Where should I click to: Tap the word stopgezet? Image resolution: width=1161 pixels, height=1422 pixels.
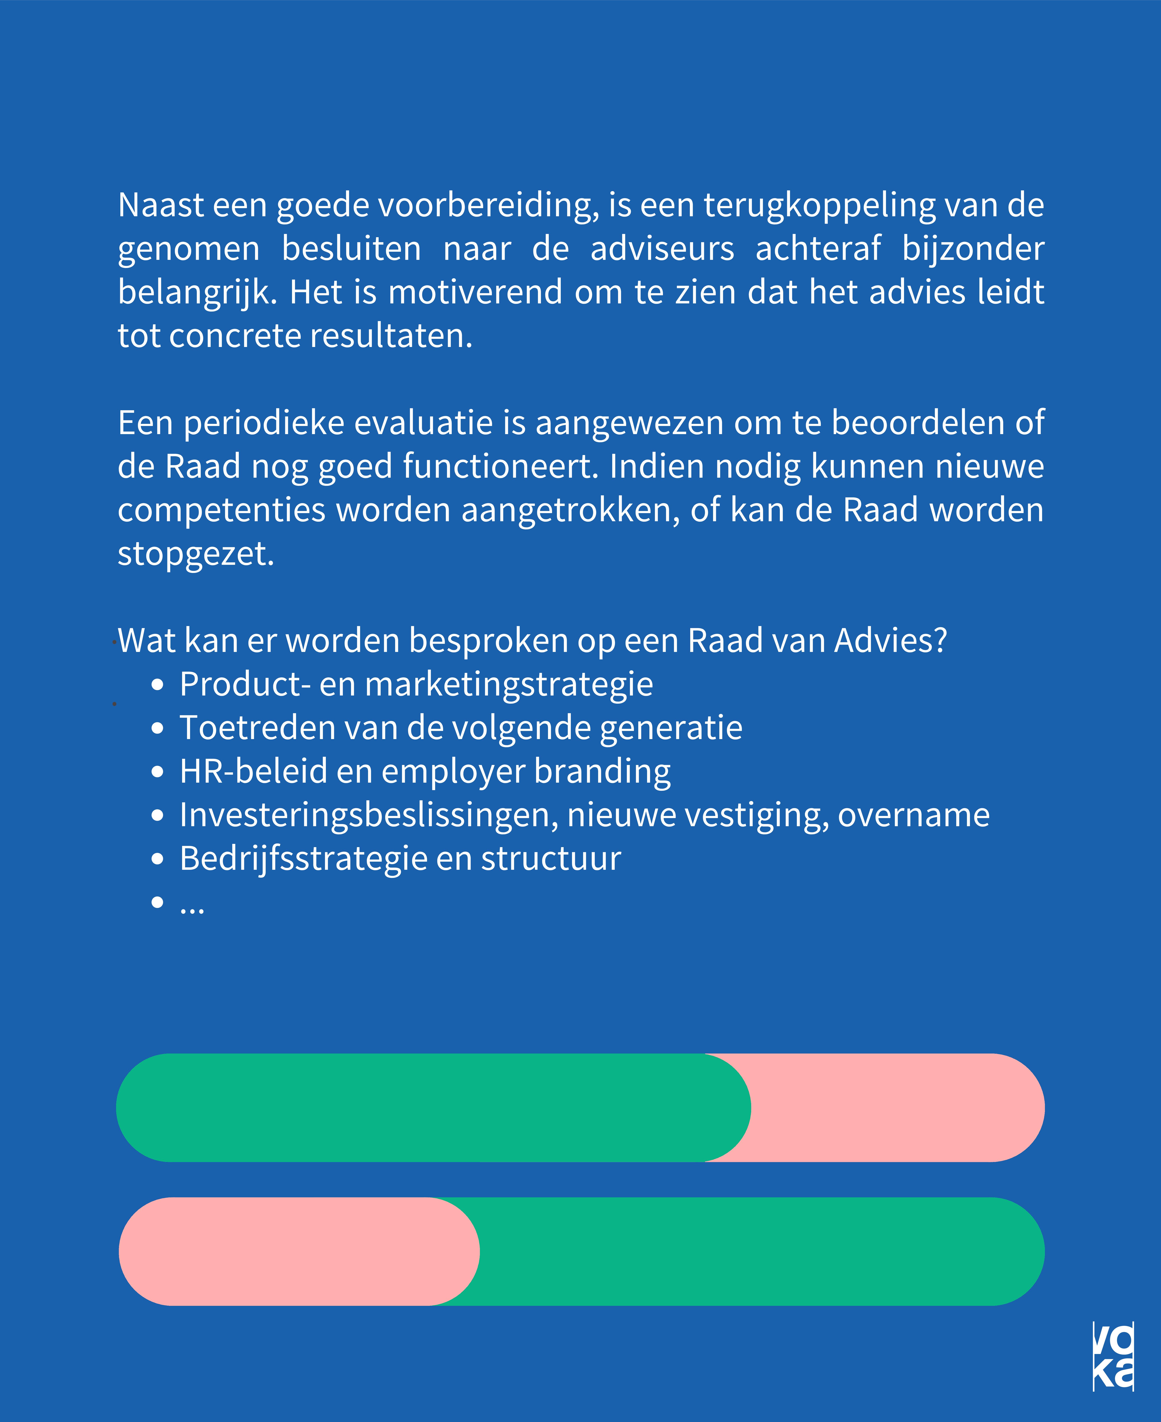tap(195, 554)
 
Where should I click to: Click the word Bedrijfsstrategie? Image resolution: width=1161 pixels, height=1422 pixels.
tap(302, 859)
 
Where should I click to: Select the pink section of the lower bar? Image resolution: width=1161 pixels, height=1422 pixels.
tap(288, 1251)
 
